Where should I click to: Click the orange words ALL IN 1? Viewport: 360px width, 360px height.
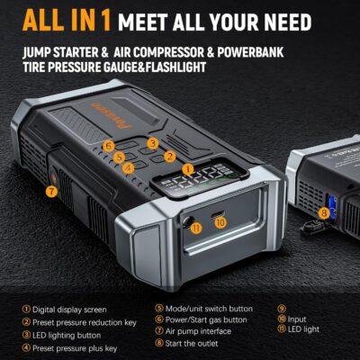60,19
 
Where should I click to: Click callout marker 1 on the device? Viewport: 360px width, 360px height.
187,169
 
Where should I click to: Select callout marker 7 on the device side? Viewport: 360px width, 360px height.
51,191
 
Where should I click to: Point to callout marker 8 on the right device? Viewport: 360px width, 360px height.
323,212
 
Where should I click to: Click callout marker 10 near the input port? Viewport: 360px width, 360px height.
220,221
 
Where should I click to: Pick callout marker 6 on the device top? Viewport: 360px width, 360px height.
108,145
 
